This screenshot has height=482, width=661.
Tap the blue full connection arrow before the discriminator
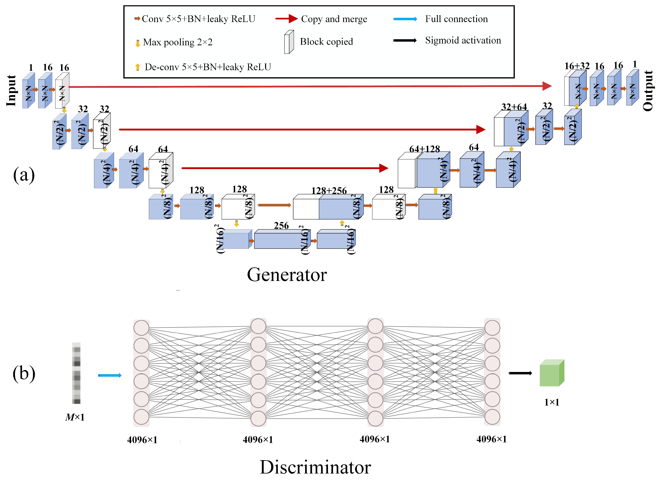(x=110, y=375)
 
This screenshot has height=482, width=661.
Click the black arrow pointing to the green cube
(x=520, y=373)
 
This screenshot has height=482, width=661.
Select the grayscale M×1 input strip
(x=76, y=373)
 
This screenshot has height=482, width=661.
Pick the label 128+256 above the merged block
(x=329, y=191)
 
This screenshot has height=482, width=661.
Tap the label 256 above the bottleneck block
(x=281, y=226)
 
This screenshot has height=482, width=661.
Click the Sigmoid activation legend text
(x=463, y=40)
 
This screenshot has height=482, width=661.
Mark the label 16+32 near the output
(x=577, y=66)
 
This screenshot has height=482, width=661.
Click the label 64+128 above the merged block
(x=424, y=149)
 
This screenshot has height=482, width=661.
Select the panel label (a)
(x=24, y=175)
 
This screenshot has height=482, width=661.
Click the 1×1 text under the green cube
(x=552, y=402)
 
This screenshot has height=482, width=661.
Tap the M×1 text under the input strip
(x=75, y=417)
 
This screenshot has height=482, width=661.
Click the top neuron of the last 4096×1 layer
(x=492, y=327)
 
